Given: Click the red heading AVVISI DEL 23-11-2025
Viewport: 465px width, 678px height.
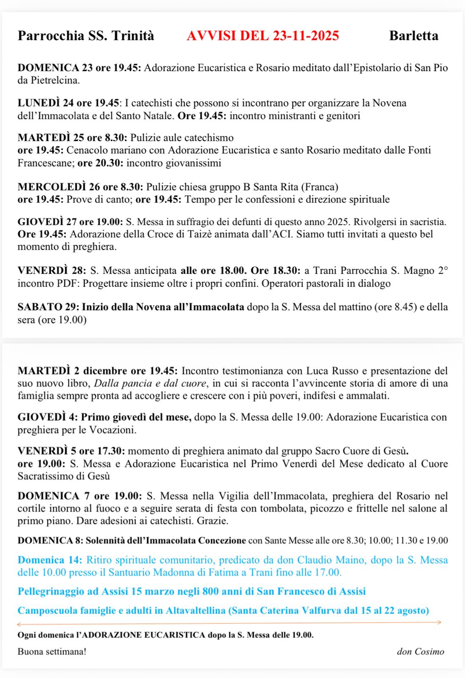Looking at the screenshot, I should click(x=262, y=36).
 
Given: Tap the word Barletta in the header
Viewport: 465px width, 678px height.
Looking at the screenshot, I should click(x=413, y=36).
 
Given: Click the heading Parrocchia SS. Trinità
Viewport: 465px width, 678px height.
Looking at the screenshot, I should click(x=86, y=36).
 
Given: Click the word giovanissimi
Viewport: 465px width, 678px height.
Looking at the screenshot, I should click(x=195, y=163).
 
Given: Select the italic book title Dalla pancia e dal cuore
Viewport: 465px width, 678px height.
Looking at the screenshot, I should click(x=150, y=384).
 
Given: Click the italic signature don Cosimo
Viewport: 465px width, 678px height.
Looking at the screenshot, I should click(x=420, y=651).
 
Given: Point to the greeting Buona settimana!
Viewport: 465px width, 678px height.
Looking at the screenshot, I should click(x=52, y=651).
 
